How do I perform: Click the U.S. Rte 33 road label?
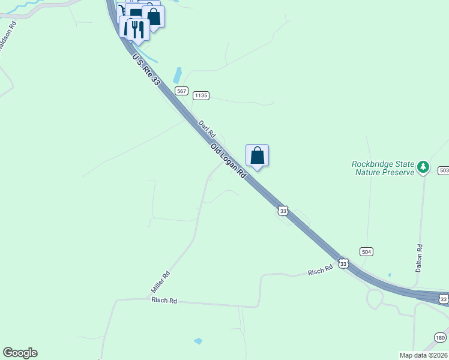[x=146, y=69]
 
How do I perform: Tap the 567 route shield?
[x=182, y=91]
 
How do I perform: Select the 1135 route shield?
[x=201, y=95]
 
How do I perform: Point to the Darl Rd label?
[x=206, y=128]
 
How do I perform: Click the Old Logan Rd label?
[x=229, y=160]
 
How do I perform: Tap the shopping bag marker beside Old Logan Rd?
[x=257, y=155]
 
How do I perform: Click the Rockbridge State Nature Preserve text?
[x=384, y=168]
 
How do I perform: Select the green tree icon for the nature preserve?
[x=424, y=166]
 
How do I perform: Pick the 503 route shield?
[x=444, y=171]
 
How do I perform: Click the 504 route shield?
[x=367, y=251]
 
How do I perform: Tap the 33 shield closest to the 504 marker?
[x=343, y=263]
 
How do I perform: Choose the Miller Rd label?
[x=161, y=282]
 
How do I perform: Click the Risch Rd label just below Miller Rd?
[x=164, y=300]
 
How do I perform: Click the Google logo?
[x=20, y=353]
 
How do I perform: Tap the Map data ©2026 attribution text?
[x=423, y=355]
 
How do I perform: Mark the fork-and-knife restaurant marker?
[x=139, y=29]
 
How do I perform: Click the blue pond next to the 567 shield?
[x=177, y=76]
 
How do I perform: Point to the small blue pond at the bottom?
[x=198, y=341]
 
